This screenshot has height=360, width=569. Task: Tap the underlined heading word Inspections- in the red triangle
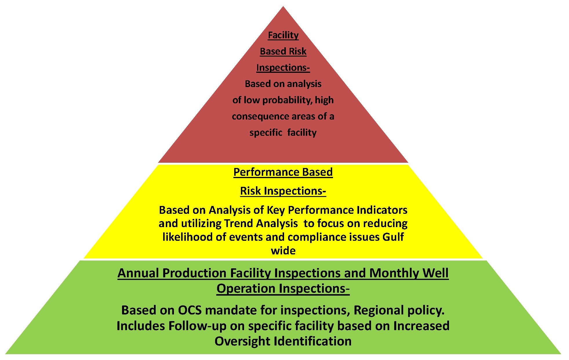click(283, 68)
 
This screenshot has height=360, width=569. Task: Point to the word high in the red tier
click(324, 100)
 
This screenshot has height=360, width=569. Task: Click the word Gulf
click(393, 237)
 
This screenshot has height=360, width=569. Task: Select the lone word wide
click(283, 250)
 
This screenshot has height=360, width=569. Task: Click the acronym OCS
click(190, 310)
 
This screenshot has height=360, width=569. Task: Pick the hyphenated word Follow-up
click(198, 326)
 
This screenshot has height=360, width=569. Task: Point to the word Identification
click(313, 341)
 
